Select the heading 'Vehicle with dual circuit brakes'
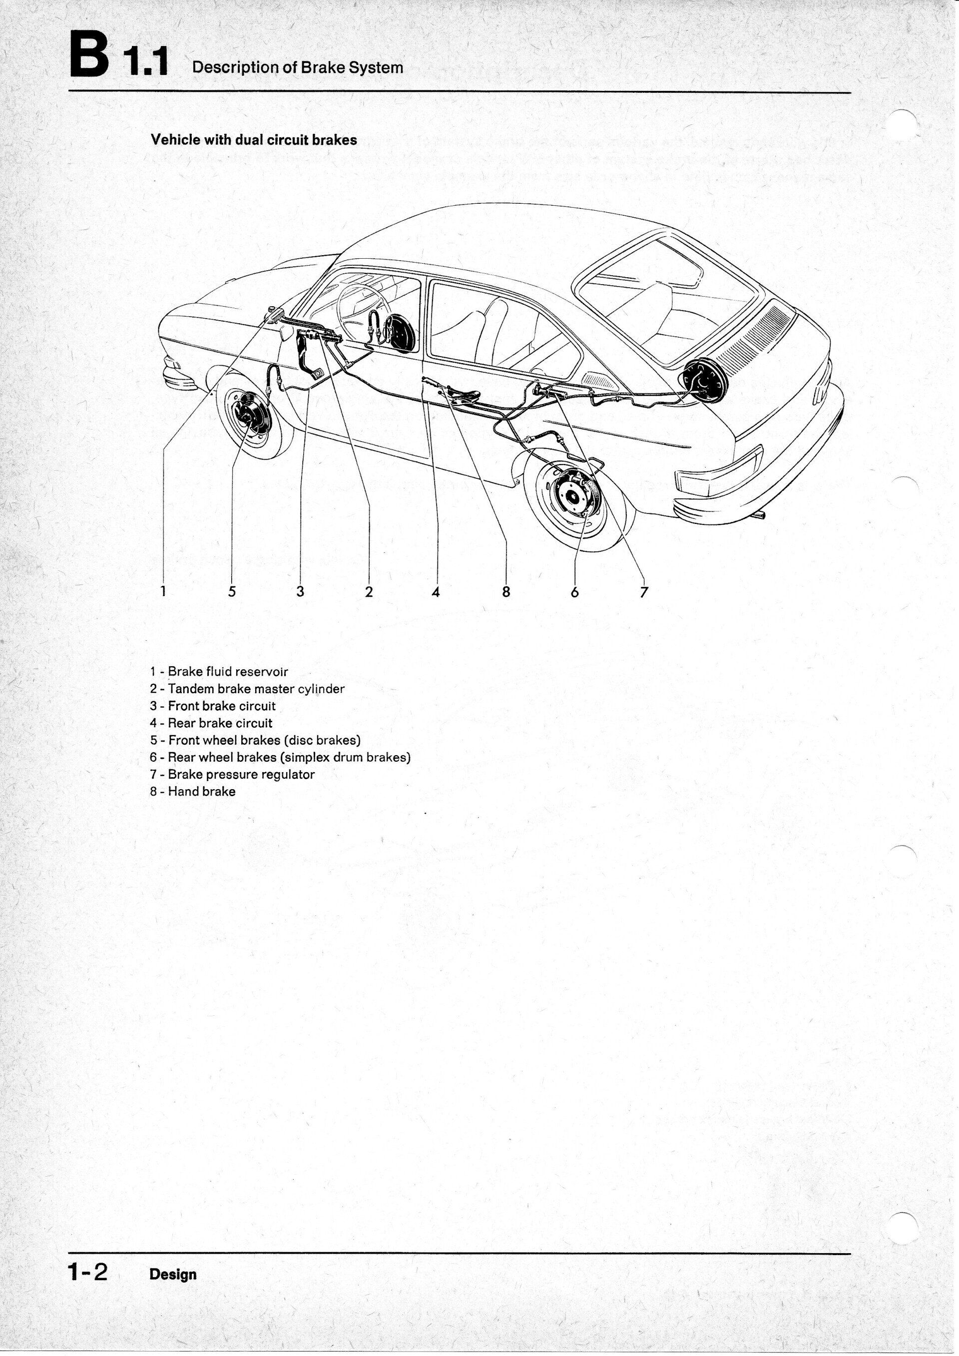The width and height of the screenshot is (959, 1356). (x=254, y=140)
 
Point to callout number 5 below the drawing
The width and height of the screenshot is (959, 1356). (x=232, y=591)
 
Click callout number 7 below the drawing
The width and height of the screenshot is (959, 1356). (x=644, y=591)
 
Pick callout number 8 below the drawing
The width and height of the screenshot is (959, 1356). (x=506, y=591)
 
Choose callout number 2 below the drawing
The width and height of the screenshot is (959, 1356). (x=369, y=591)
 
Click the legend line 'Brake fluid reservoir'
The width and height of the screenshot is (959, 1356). (x=219, y=671)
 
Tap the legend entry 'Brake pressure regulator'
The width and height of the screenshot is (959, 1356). (x=232, y=774)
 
